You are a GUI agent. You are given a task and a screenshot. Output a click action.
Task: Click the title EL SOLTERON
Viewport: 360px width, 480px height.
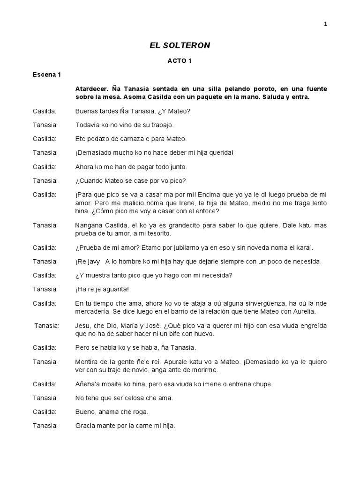180,45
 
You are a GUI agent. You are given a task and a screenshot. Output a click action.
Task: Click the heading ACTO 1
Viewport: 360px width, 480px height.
180,60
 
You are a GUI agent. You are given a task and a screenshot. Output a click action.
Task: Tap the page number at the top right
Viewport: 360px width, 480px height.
325,25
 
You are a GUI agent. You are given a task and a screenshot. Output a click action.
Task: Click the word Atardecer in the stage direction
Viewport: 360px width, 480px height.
91,89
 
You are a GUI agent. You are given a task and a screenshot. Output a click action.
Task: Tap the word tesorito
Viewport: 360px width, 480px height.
157,233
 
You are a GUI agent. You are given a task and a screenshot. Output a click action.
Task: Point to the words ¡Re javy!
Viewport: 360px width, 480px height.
89,261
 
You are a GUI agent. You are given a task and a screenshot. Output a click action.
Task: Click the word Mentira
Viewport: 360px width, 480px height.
87,362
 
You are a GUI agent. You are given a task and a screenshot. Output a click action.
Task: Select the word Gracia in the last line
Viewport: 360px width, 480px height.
86,426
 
